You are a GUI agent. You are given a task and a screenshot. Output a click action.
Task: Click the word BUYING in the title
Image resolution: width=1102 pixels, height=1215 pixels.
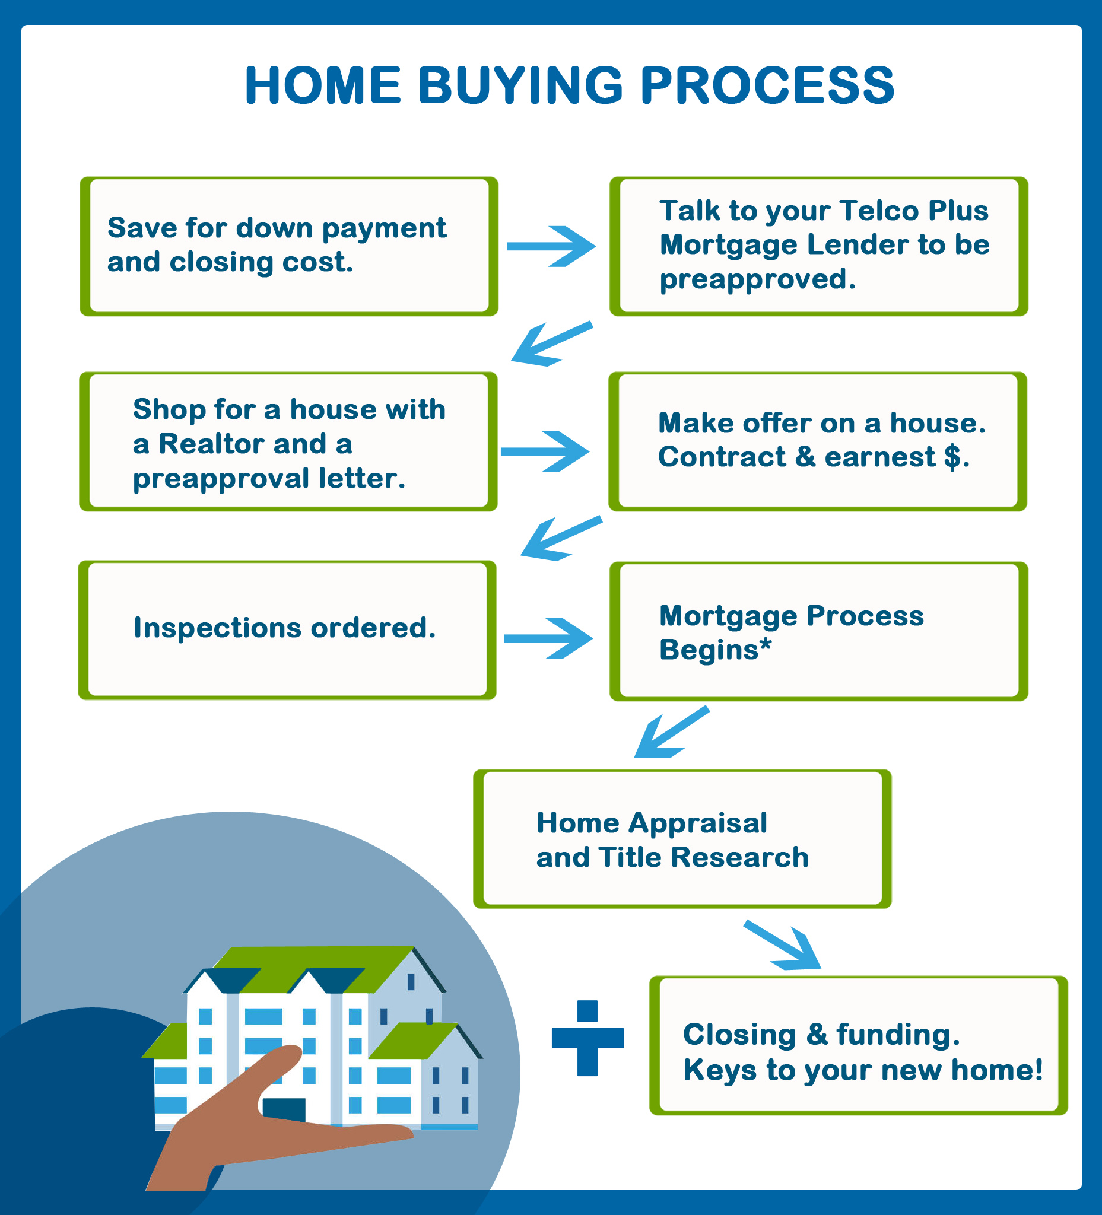coord(520,85)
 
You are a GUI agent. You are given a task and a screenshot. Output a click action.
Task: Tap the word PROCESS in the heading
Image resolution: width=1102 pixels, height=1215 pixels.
coord(767,85)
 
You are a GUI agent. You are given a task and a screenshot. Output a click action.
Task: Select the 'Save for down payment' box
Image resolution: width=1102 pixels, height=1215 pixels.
coord(289,246)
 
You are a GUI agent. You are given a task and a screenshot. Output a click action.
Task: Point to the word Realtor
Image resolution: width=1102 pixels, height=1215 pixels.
coord(211,444)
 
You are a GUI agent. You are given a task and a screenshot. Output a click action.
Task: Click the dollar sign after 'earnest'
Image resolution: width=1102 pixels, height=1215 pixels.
coord(952,457)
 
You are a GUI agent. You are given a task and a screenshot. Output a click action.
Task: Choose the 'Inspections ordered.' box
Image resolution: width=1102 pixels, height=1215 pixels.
coord(287,630)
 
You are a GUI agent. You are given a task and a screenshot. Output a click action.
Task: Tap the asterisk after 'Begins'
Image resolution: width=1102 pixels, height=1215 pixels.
coord(765,644)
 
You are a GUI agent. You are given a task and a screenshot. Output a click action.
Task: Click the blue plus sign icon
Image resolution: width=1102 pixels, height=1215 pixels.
coord(587,1038)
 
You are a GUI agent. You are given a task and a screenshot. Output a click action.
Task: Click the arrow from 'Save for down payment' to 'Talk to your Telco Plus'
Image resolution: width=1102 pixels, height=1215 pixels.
coord(551,246)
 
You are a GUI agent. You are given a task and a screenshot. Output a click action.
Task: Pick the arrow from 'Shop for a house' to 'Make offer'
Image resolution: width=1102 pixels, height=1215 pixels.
coord(545,451)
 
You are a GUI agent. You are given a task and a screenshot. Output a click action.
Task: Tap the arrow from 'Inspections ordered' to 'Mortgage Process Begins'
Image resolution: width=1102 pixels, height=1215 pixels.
coord(548,638)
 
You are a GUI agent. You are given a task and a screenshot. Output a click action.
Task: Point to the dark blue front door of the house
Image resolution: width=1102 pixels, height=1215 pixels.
coord(283,1111)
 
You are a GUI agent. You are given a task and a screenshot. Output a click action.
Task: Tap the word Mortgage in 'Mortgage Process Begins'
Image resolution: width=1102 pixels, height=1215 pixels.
coord(728,616)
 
